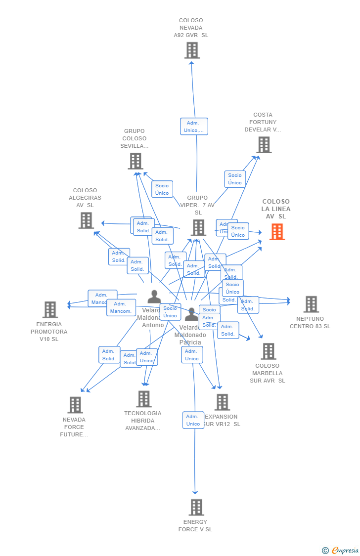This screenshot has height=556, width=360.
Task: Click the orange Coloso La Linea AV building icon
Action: coord(277,231)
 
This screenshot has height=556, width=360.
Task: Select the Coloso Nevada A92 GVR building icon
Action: coord(192,50)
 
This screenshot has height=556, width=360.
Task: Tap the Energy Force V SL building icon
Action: coord(196,507)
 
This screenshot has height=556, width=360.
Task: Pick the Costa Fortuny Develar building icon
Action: coord(264,145)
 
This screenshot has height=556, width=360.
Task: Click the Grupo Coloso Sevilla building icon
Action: coord(135,161)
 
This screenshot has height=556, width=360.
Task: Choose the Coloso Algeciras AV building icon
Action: coord(86,220)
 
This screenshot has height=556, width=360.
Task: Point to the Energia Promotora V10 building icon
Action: coord(50,310)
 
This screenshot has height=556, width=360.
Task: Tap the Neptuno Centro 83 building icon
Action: coord(311,304)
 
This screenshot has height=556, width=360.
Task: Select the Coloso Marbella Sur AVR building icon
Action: coord(269,351)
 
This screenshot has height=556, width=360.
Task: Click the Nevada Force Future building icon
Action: coord(75,405)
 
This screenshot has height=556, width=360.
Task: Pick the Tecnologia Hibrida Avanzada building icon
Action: coord(144,399)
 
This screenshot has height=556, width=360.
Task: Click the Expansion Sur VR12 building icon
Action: coord(223,402)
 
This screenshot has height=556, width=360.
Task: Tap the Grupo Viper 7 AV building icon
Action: coord(198,228)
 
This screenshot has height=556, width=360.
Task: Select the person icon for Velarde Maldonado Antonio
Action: coord(154,297)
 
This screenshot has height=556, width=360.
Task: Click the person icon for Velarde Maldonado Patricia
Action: coord(191,314)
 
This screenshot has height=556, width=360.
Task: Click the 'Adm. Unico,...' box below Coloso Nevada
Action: coord(194,127)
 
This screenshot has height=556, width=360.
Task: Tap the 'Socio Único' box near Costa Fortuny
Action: coord(235,179)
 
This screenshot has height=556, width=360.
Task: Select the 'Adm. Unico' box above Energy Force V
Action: coord(193,420)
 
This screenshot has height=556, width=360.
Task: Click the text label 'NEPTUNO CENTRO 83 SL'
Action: coord(310,323)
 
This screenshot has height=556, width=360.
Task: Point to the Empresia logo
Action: coord(341,550)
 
